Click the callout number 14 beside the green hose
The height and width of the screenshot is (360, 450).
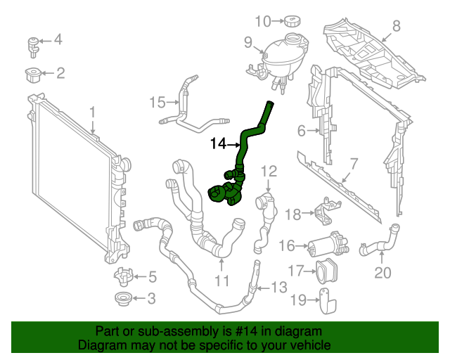[219, 144]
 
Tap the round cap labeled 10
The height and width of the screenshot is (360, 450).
[290, 21]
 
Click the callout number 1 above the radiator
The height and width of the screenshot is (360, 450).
[91, 111]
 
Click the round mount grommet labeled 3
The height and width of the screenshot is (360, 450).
[123, 299]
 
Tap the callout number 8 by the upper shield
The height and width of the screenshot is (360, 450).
[396, 27]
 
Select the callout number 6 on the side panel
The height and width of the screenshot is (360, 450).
[302, 130]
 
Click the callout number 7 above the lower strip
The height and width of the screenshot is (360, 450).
[354, 163]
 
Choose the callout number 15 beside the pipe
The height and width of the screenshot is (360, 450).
[157, 103]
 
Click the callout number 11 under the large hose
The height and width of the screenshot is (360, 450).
[222, 282]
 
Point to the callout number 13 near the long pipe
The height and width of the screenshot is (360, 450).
[279, 286]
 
